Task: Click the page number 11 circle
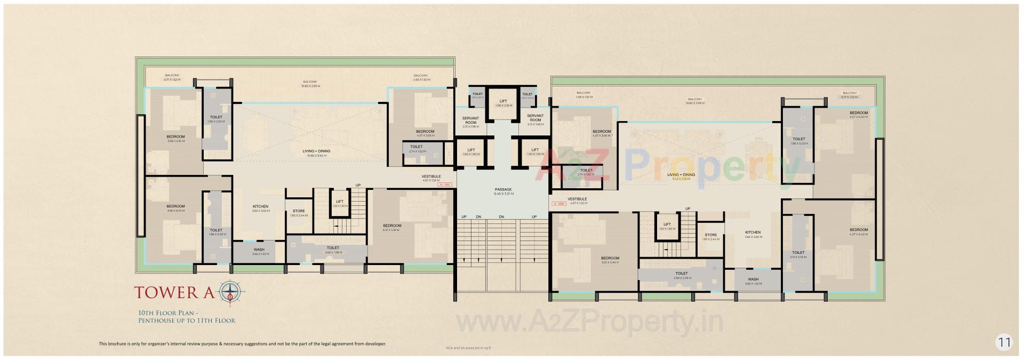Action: coord(1004,342)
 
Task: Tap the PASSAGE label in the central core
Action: coord(503,189)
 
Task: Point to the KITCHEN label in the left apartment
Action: coord(260,206)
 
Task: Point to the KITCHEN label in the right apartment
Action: coord(753,233)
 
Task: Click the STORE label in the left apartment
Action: coord(299,211)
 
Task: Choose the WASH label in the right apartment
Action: coord(753,279)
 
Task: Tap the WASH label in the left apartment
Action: coord(259,250)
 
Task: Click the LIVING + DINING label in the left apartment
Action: coord(316,151)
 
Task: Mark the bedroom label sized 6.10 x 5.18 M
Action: coord(392,226)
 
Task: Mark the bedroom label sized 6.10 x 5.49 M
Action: coord(610,258)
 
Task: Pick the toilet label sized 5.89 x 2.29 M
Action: coord(681,274)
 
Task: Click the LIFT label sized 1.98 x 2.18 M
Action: coord(503,101)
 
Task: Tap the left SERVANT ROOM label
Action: coord(470,119)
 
